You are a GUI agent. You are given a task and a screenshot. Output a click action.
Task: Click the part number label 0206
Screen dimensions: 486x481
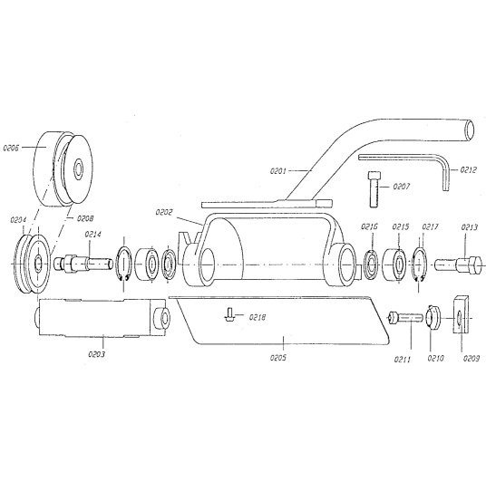pyautogui.click(x=11, y=148)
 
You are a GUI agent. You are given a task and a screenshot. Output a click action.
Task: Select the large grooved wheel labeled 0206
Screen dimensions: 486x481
pyautogui.click(x=63, y=168)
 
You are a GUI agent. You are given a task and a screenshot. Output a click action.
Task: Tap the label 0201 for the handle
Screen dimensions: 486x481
pyautogui.click(x=278, y=171)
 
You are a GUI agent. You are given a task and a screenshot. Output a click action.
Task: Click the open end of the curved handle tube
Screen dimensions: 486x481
pyautogui.click(x=471, y=130)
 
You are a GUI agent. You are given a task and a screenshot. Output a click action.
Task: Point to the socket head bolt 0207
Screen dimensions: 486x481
pyautogui.click(x=374, y=189)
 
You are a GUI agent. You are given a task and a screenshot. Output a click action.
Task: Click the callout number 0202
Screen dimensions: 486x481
pyautogui.click(x=164, y=213)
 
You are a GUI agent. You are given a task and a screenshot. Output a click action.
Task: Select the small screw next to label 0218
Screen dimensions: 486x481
pyautogui.click(x=229, y=314)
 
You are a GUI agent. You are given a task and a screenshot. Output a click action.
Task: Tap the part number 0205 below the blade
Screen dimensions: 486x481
pyautogui.click(x=278, y=358)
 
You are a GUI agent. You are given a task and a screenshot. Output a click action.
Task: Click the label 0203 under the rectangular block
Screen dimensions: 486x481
pyautogui.click(x=97, y=354)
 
